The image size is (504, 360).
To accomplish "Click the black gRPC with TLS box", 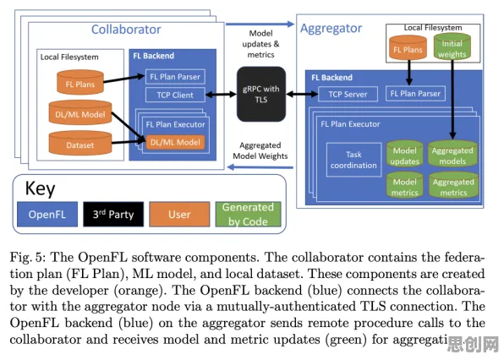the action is pyautogui.click(x=261, y=94).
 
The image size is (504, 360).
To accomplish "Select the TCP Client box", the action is pyautogui.click(x=175, y=95).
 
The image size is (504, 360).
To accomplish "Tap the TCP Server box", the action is pyautogui.click(x=348, y=94).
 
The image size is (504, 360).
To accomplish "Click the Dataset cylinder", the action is pyautogui.click(x=80, y=143).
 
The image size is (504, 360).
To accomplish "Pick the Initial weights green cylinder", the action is pyautogui.click(x=452, y=47).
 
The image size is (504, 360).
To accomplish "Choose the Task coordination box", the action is pyautogui.click(x=353, y=160).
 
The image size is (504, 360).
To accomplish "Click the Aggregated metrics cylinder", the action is pyautogui.click(x=453, y=185).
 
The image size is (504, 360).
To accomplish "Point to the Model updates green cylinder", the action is pyautogui.click(x=405, y=154).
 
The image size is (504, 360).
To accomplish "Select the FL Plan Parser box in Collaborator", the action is pyautogui.click(x=175, y=77).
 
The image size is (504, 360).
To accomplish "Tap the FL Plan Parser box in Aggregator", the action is pyautogui.click(x=415, y=94).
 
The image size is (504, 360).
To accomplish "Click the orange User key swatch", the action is pyautogui.click(x=179, y=214).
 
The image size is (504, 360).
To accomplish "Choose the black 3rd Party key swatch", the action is pyautogui.click(x=113, y=214).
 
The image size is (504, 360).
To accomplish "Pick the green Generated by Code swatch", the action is pyautogui.click(x=248, y=214).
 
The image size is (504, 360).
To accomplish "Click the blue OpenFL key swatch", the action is pyautogui.click(x=47, y=214).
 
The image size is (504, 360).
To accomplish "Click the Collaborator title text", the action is pyautogui.click(x=126, y=30).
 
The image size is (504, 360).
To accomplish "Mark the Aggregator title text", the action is pyautogui.click(x=331, y=29).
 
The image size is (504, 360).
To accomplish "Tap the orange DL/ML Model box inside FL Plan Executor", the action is pyautogui.click(x=175, y=142).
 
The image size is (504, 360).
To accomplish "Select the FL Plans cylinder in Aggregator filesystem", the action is pyautogui.click(x=408, y=48).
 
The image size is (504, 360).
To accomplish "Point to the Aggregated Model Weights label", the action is pyautogui.click(x=260, y=150).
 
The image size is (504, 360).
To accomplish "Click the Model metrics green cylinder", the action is pyautogui.click(x=405, y=185).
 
